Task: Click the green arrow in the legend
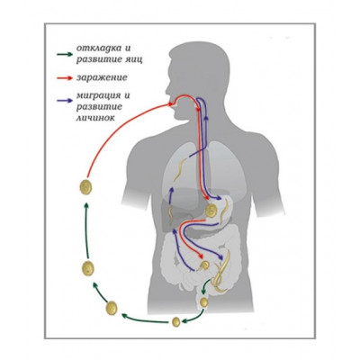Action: coord(65,54)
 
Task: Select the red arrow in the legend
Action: coord(65,78)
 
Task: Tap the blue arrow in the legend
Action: coord(65,101)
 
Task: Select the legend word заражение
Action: coord(102,77)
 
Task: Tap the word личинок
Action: coord(95,117)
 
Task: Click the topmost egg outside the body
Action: coord(85,187)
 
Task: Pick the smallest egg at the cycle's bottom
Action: coord(176,322)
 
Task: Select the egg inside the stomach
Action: coord(211,211)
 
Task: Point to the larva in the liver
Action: coord(170,214)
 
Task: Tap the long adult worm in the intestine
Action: coord(222,272)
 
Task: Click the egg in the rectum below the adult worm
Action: coord(204,301)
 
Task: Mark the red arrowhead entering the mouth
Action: coord(171,104)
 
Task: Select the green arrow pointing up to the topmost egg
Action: coord(86,230)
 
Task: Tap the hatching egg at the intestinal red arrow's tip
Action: coord(205,265)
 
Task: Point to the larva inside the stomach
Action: coord(225,213)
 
